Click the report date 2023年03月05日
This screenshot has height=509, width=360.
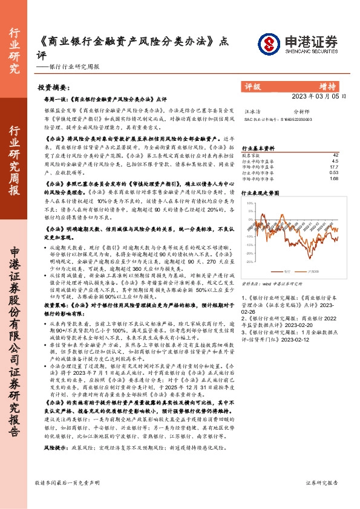click(x=319, y=96)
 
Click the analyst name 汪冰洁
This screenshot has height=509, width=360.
click(x=250, y=112)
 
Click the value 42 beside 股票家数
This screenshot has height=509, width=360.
click(x=335, y=155)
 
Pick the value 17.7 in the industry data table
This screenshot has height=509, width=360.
click(x=334, y=166)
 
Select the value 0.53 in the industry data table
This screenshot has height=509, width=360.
click(x=334, y=172)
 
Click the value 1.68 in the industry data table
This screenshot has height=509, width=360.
click(x=334, y=178)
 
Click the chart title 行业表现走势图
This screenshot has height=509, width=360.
click(x=261, y=193)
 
